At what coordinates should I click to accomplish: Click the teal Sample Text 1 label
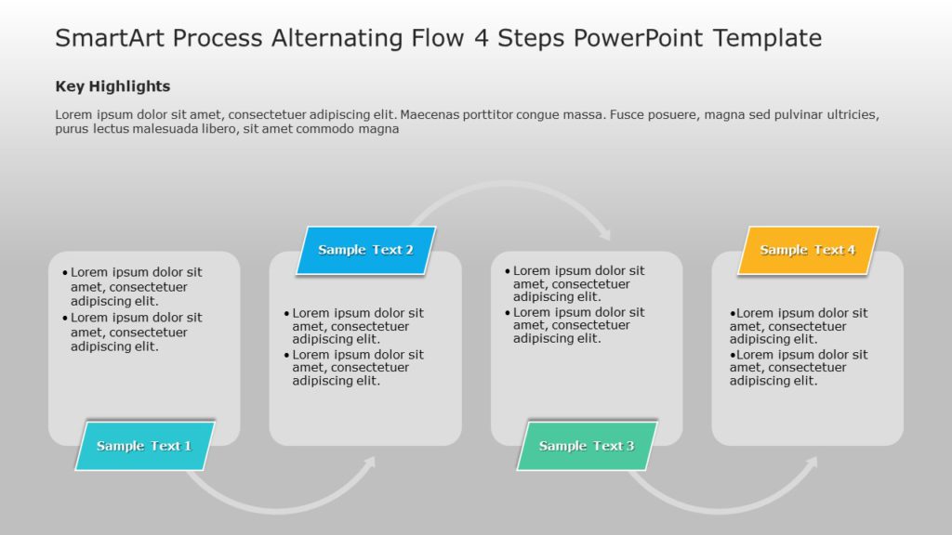[x=144, y=446]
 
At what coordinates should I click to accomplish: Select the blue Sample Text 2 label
[x=365, y=250]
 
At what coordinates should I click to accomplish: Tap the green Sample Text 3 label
[x=587, y=446]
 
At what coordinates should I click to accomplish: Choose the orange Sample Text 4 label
[x=807, y=250]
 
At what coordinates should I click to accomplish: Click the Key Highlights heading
[x=112, y=86]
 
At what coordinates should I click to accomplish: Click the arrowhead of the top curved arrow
[x=604, y=232]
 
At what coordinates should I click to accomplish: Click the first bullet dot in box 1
[x=65, y=273]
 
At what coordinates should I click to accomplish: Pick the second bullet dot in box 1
[x=65, y=318]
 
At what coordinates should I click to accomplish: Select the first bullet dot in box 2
[x=286, y=314]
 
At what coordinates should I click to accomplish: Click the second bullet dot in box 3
[x=508, y=313]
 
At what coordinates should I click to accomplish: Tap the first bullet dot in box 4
[x=733, y=314]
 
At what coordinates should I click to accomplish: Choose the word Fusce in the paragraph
[x=629, y=115]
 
